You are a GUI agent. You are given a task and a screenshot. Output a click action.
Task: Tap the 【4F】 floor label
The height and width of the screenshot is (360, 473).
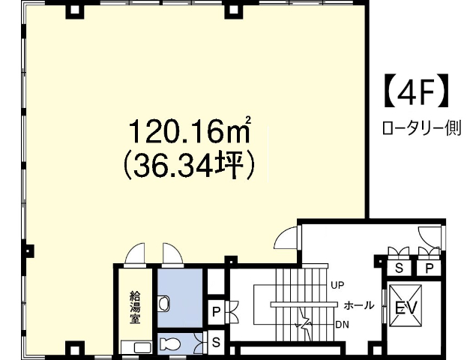click(x=416, y=91)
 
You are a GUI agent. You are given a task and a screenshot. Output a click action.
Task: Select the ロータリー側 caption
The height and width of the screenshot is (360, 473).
click(x=422, y=128)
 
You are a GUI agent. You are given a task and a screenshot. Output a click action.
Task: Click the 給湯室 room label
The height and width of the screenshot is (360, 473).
click(x=135, y=307)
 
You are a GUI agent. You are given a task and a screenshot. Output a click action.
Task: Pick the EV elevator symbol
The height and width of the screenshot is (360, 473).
click(x=406, y=305)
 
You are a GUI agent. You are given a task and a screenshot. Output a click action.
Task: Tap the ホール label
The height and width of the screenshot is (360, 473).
click(x=359, y=305)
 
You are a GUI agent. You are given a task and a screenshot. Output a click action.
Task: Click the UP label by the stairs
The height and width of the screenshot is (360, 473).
click(x=337, y=285)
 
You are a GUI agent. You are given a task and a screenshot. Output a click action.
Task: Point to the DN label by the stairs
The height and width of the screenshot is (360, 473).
click(x=342, y=325)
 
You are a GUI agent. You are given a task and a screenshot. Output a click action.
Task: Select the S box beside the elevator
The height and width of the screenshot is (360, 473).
click(x=399, y=267)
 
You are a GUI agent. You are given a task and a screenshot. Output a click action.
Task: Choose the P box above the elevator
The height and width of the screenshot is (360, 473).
click(x=429, y=267)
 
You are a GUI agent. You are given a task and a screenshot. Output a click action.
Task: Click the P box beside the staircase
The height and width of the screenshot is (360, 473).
click(x=216, y=312)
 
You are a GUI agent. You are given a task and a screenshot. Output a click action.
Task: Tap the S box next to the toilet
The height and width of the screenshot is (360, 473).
click(x=216, y=341)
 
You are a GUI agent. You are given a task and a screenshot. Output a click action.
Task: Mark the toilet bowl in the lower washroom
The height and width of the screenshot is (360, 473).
click(x=170, y=343)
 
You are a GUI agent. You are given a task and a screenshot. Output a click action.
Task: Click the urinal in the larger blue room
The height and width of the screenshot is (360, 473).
click(x=164, y=303)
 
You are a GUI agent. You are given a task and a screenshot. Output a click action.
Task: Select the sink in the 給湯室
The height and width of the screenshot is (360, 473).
click(x=142, y=348)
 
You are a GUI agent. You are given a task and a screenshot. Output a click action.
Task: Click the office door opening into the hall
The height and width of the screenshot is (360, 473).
click(x=285, y=238)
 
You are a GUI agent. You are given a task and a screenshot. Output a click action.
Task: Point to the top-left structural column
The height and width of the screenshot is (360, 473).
click(x=74, y=10)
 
